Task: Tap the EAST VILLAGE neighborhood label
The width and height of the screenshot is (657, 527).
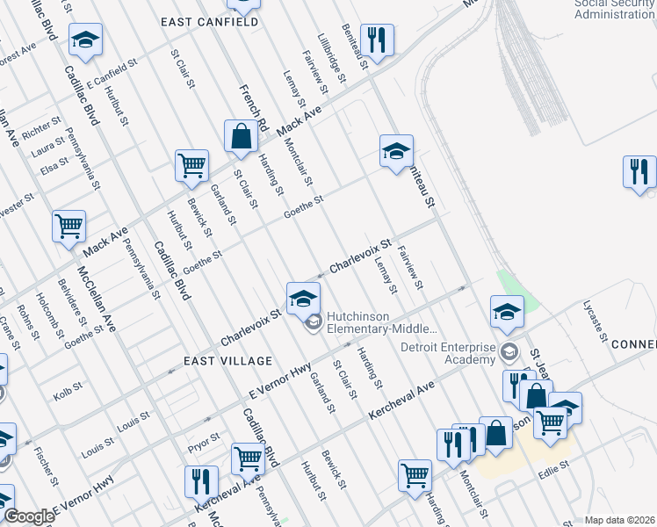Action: click(216, 361)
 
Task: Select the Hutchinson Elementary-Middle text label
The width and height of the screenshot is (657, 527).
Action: click(381, 322)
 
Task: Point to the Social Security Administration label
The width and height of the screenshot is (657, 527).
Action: click(615, 10)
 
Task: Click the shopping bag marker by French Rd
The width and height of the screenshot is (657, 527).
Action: click(241, 137)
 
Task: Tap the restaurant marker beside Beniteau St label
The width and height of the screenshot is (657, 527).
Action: click(377, 40)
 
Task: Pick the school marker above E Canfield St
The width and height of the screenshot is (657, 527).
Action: click(85, 40)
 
